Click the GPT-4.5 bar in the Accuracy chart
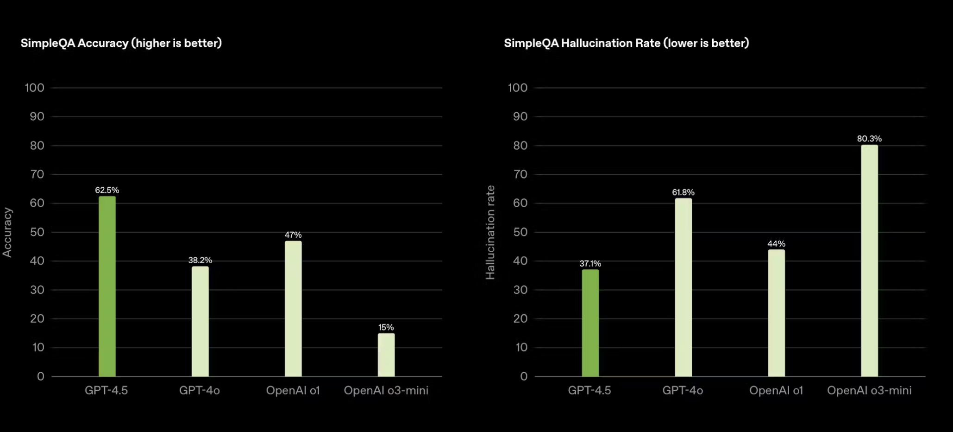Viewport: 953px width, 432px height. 107,286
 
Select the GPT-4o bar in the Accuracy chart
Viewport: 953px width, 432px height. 200,321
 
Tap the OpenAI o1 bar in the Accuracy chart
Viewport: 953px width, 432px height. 293,308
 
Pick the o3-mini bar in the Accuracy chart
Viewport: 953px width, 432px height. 386,355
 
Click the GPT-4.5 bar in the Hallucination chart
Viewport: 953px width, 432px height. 590,323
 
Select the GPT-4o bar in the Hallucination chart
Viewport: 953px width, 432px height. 683,287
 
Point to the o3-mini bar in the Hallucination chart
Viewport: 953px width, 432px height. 870,260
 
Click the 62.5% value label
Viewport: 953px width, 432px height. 107,190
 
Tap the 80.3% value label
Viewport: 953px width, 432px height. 869,139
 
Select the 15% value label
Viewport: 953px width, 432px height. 386,327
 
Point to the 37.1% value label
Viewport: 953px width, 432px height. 590,263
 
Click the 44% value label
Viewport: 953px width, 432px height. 777,243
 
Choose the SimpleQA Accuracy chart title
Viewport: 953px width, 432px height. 121,43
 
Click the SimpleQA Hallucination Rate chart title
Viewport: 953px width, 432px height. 626,43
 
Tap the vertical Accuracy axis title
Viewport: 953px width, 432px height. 7,232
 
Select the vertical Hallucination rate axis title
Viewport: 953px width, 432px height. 490,232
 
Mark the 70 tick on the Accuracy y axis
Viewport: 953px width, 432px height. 37,174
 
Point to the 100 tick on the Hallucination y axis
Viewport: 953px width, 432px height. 518,88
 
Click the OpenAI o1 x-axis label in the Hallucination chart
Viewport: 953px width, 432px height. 776,390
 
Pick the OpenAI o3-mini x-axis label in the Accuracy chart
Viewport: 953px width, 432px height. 386,390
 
